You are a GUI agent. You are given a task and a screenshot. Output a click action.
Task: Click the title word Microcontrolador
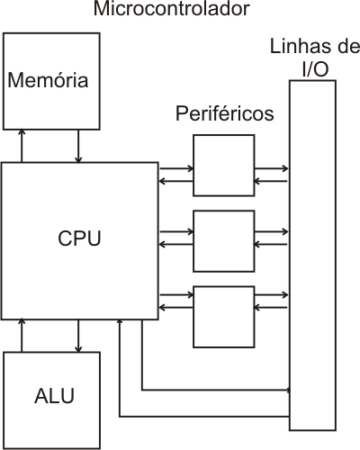coord(171,8)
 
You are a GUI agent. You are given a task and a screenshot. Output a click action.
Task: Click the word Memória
coord(48,80)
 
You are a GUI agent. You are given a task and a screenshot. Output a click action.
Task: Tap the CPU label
coord(79,238)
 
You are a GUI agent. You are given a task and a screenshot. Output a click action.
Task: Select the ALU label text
coord(54,396)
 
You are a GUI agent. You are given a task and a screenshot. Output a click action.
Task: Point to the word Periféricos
coord(225,113)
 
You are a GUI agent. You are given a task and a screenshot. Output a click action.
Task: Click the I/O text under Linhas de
coord(315,69)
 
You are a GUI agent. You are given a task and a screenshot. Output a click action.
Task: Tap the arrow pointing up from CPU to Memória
coord(22,146)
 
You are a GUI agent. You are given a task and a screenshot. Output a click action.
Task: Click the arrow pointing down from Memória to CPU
coord(78,147)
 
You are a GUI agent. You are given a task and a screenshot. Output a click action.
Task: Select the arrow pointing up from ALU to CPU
coord(22,336)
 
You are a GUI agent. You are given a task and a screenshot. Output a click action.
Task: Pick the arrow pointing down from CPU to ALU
coord(78,336)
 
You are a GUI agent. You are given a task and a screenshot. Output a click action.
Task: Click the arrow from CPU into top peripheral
coord(176,168)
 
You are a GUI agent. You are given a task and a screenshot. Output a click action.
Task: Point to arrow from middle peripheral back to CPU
coord(176,245)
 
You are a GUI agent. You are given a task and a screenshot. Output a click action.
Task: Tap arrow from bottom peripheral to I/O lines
coord(272,295)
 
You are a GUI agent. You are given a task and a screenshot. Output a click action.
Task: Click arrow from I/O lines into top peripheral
coord(271,181)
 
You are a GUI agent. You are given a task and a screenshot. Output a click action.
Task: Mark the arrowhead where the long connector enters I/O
coord(289,390)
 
